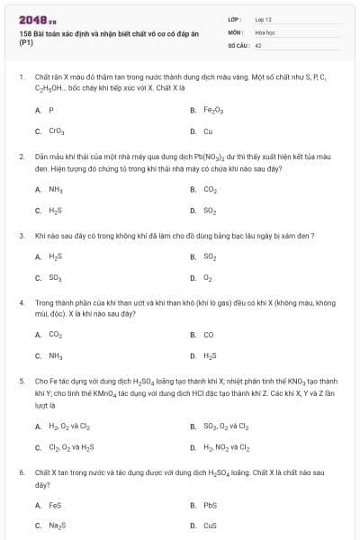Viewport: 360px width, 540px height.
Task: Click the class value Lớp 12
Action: [x=264, y=18]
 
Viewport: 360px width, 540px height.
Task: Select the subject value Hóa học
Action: [x=265, y=31]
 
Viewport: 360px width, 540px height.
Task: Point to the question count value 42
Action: [x=258, y=43]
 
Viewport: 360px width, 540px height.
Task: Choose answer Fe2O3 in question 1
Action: [x=212, y=110]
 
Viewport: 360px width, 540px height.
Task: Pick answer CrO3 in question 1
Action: [x=57, y=131]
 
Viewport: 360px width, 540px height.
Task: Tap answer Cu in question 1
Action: [x=208, y=131]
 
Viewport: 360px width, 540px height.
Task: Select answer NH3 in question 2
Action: [x=56, y=190]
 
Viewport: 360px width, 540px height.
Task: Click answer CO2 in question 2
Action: [x=211, y=190]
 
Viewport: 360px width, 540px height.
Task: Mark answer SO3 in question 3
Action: [x=56, y=278]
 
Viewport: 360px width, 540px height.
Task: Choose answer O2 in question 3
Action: [x=208, y=278]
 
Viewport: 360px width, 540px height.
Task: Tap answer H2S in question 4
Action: [x=211, y=355]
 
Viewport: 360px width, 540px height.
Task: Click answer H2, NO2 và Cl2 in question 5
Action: [x=227, y=446]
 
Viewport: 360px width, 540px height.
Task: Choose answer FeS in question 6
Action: [x=55, y=505]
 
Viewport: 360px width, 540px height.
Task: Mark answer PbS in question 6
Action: [x=210, y=505]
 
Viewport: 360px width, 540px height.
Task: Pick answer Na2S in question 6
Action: [x=57, y=526]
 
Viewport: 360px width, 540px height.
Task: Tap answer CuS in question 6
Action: [x=210, y=526]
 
